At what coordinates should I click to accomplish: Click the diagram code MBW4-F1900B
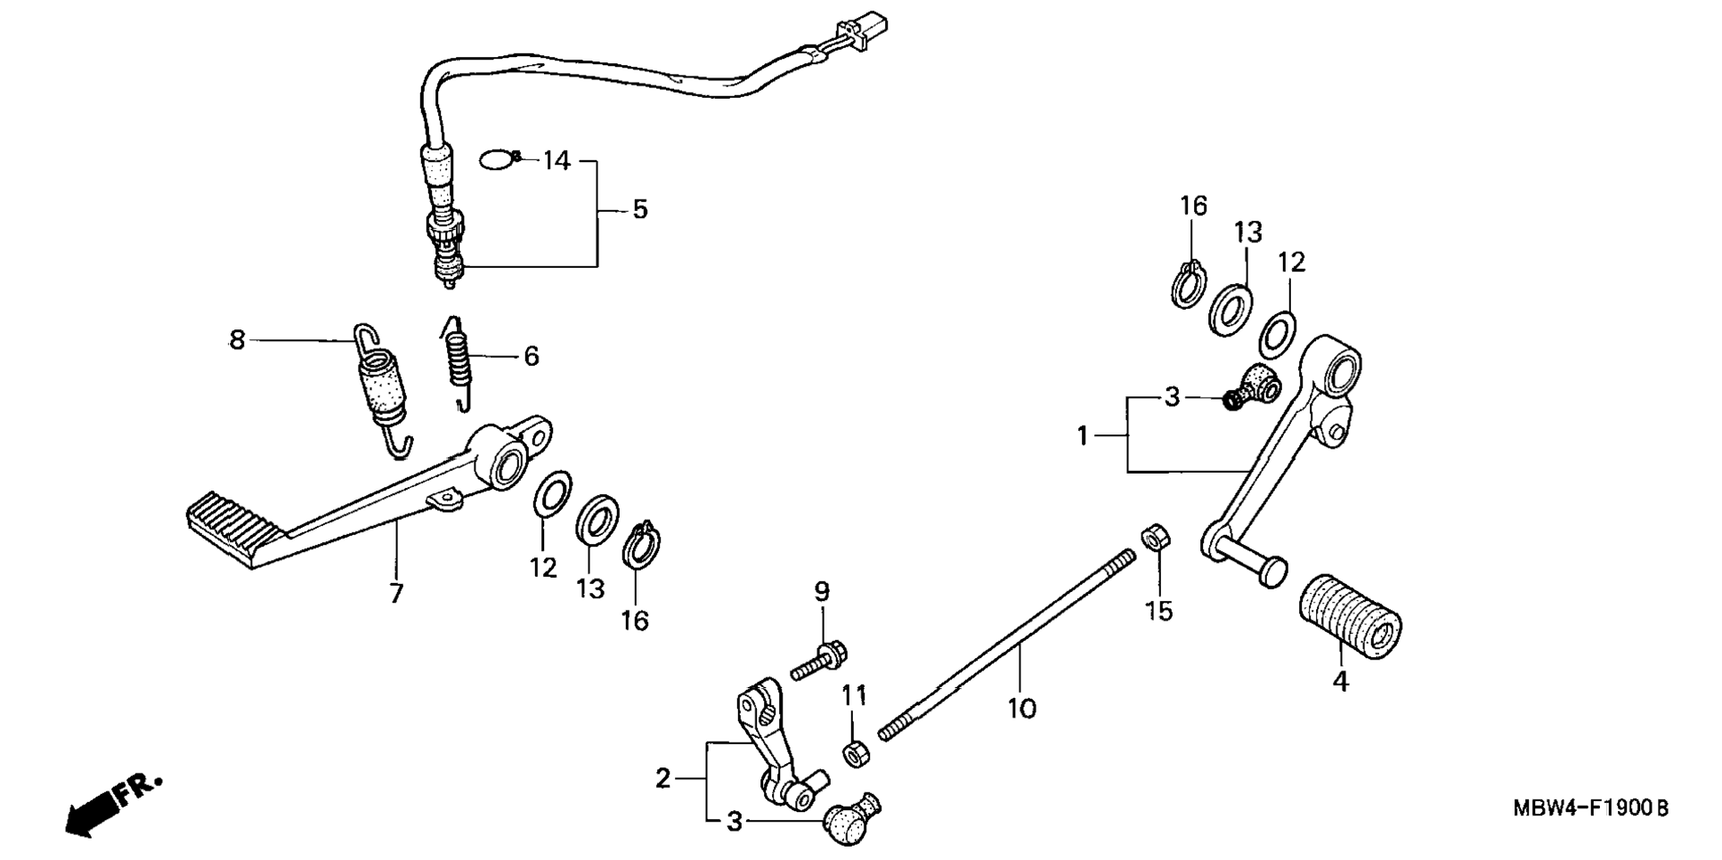(x=1590, y=808)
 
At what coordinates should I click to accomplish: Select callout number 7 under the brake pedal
(x=396, y=593)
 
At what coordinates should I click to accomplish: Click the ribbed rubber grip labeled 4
(x=1348, y=618)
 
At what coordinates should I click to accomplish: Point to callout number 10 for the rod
(x=1022, y=710)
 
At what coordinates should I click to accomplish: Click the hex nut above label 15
(x=1156, y=537)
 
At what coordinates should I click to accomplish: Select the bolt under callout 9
(x=817, y=663)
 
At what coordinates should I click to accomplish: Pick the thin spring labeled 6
(x=457, y=361)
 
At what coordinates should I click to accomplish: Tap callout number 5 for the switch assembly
(x=640, y=210)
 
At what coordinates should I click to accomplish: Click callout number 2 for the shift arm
(x=662, y=779)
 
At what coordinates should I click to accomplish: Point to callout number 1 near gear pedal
(x=1083, y=436)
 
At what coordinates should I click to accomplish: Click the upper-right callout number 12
(x=1291, y=263)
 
